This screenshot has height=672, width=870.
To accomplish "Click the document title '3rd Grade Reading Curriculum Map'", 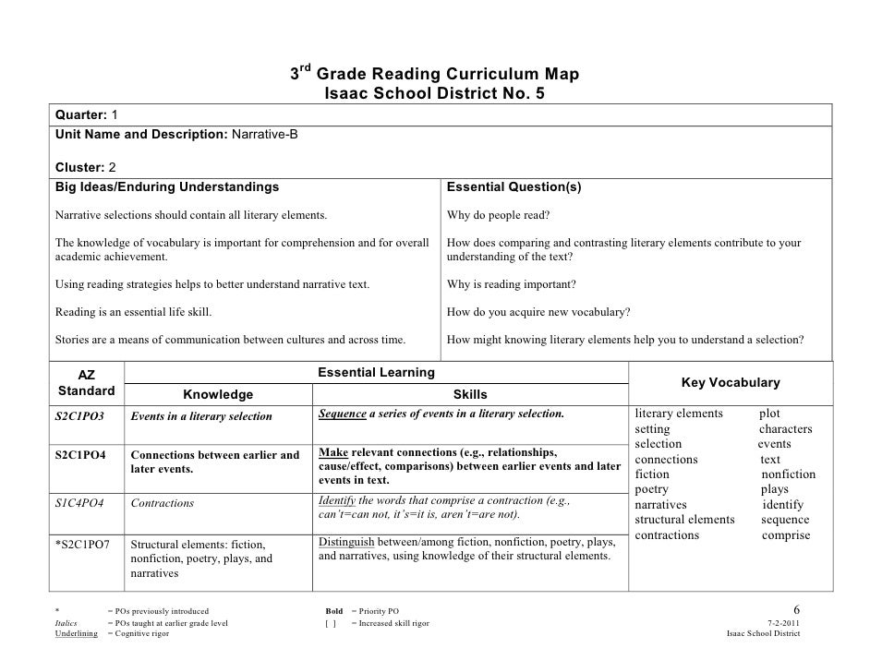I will pos(435,74).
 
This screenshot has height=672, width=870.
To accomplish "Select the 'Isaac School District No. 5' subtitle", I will pos(441,93).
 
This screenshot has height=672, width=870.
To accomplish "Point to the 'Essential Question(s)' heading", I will pos(514,186).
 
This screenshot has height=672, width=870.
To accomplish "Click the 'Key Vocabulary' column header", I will pos(730,382).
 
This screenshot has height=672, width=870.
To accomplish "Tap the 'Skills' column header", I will pos(470,394).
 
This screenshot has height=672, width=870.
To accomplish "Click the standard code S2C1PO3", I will pos(79,415).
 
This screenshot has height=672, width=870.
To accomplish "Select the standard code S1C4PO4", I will pos(79,503).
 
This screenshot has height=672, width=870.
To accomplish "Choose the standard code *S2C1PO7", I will pos(83,544).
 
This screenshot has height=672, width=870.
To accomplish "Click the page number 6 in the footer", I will pos(797,610).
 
